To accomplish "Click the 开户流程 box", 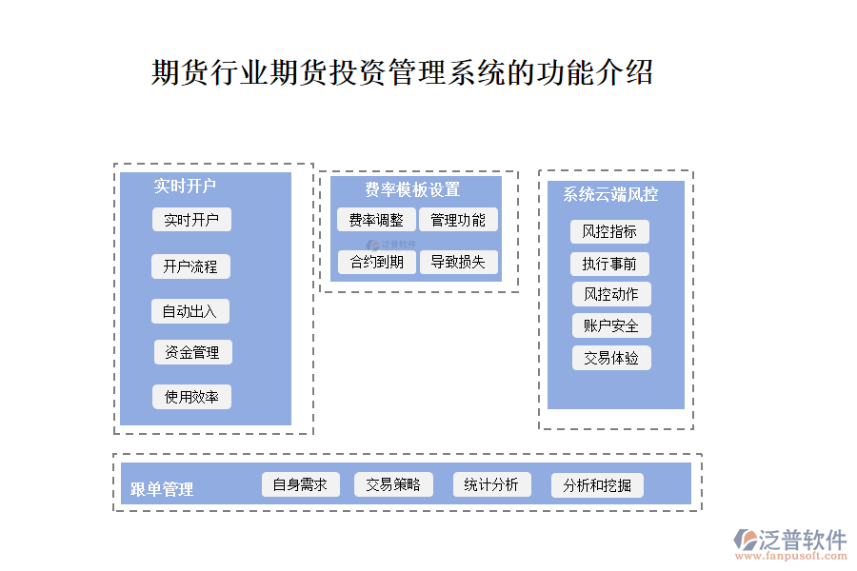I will pyautogui.click(x=190, y=266).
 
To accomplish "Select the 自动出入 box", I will pyautogui.click(x=189, y=311).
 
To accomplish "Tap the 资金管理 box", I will pyautogui.click(x=192, y=352).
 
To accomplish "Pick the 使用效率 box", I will pyautogui.click(x=191, y=397).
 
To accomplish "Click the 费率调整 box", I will pyautogui.click(x=375, y=220).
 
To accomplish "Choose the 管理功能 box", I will pyautogui.click(x=458, y=220).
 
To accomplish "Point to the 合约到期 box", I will pyautogui.click(x=376, y=262).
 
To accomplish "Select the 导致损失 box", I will pyautogui.click(x=458, y=262).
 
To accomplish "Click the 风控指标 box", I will pyautogui.click(x=610, y=231).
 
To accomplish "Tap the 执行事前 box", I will pyautogui.click(x=609, y=264).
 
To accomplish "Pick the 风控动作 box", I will pyautogui.click(x=610, y=294).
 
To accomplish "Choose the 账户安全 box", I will pyautogui.click(x=611, y=325).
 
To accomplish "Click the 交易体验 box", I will pyautogui.click(x=611, y=358).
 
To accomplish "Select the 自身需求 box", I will pyautogui.click(x=300, y=484).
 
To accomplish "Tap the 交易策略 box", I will pyautogui.click(x=393, y=484).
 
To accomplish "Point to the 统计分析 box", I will pyautogui.click(x=491, y=484).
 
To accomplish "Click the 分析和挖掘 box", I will pyautogui.click(x=597, y=485).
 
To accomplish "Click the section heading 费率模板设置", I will pyautogui.click(x=412, y=189).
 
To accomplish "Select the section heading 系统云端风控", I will pyautogui.click(x=610, y=194).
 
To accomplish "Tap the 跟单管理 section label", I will pyautogui.click(x=162, y=489).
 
